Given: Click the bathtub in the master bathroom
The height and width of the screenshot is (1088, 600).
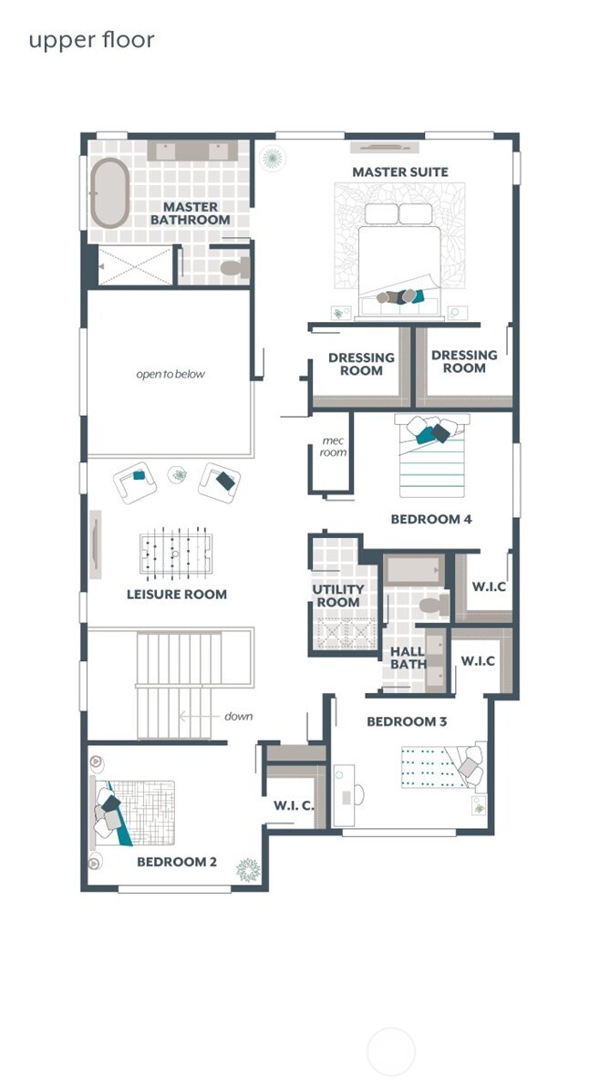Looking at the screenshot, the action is click(x=109, y=193).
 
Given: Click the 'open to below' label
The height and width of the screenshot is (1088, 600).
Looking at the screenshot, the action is click(x=171, y=374).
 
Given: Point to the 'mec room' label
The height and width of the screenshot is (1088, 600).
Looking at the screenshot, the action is click(x=333, y=446).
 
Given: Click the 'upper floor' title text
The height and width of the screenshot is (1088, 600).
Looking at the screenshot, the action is click(x=91, y=40).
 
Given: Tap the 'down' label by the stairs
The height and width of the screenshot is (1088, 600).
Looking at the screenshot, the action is click(x=238, y=715).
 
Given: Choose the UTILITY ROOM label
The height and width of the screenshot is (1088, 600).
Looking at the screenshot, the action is click(x=337, y=596).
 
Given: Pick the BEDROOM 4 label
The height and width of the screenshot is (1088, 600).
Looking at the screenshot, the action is click(x=431, y=519).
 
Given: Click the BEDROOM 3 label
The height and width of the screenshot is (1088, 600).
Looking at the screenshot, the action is click(x=407, y=721).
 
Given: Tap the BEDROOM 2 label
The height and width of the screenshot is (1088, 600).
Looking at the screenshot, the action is click(x=177, y=862).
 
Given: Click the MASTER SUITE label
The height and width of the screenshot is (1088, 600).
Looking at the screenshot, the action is click(x=400, y=171).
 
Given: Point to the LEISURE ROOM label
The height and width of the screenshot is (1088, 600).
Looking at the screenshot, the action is click(x=177, y=594).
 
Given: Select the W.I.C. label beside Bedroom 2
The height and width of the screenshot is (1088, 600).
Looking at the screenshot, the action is click(x=294, y=805).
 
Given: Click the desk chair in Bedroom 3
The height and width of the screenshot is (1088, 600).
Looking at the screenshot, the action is click(x=359, y=794).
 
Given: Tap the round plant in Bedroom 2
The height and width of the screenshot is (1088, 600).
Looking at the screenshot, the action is click(x=248, y=869).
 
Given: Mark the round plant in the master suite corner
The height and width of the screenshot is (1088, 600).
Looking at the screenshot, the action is click(x=272, y=159).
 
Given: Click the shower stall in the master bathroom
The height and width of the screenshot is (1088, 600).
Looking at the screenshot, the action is click(x=135, y=265).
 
